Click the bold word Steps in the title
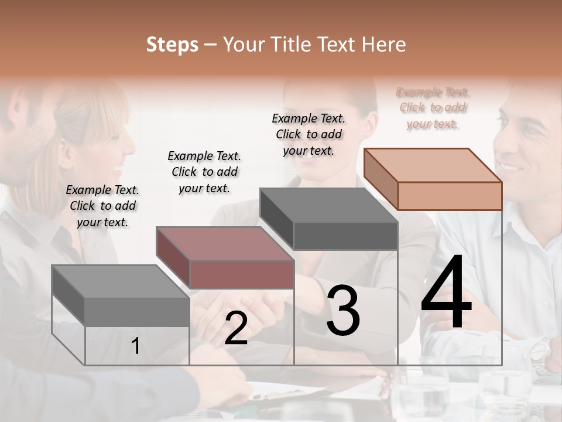[172, 45]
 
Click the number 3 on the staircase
[342, 311]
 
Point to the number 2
[236, 329]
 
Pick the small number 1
[135, 346]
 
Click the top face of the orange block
[433, 165]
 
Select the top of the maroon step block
[224, 244]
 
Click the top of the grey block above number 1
[120, 281]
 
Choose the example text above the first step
[102, 206]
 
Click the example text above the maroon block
[204, 172]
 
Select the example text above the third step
[309, 134]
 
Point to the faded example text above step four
[433, 108]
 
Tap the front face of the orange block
[450, 196]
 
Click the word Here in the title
[384, 45]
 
